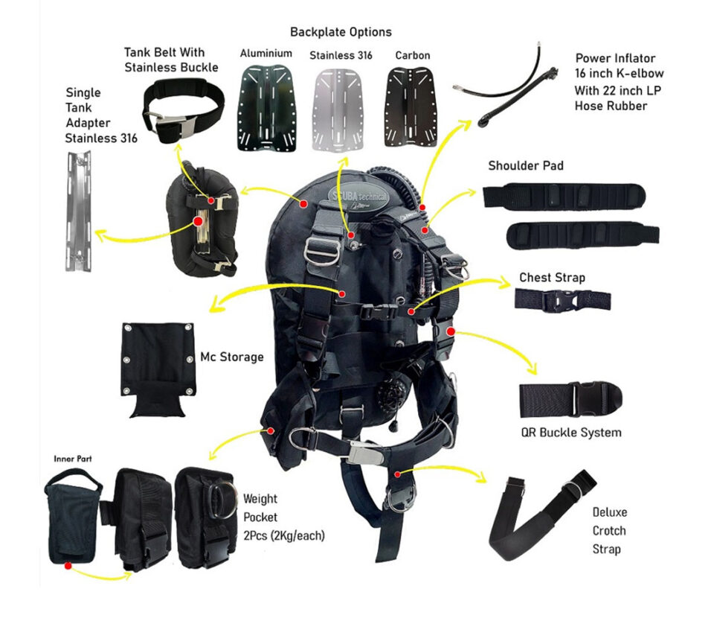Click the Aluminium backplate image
tap(266, 108)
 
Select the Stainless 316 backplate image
tap(340, 109)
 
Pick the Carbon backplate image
tap(411, 108)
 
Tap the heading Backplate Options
tap(341, 32)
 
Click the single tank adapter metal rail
tap(79, 211)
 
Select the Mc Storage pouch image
tap(158, 369)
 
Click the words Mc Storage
tap(232, 357)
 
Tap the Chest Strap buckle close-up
tap(562, 300)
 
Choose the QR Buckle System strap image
tap(570, 399)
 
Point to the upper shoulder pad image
tap(564, 197)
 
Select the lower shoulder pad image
tap(582, 235)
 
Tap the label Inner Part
tap(73, 459)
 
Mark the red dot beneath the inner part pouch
tap(68, 566)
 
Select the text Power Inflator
tap(615, 58)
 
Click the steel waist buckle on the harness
tap(367, 453)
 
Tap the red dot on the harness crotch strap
tap(398, 474)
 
